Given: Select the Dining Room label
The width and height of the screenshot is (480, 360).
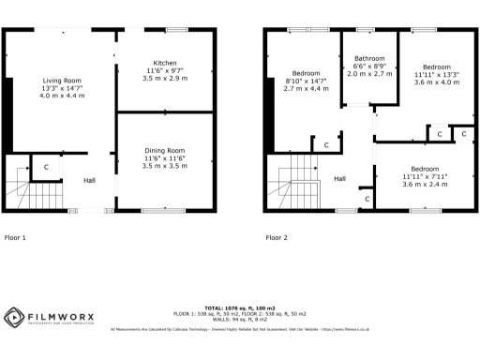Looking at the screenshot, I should pyautogui.click(x=164, y=150).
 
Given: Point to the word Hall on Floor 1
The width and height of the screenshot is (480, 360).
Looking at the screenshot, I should pyautogui.click(x=89, y=180).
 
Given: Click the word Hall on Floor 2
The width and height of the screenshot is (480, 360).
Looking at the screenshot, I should pyautogui.click(x=340, y=178).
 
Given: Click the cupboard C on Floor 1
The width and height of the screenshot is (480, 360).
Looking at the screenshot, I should pyautogui.click(x=45, y=167).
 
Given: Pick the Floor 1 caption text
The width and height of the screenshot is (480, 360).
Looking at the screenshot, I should pyautogui.click(x=15, y=237).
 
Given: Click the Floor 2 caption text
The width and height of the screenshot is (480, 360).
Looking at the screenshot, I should pyautogui.click(x=277, y=237).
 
